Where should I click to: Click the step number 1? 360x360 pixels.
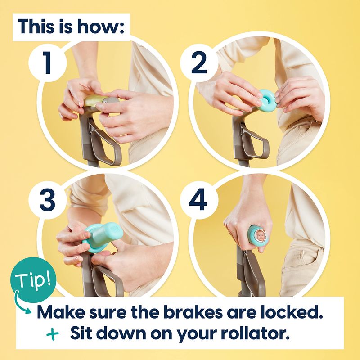(47, 63)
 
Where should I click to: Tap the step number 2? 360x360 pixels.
(199, 63)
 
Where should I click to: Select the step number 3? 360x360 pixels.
(47, 200)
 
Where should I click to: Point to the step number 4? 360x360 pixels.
(198, 199)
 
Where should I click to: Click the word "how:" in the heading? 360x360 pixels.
(100, 27)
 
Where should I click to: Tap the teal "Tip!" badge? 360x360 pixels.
(33, 280)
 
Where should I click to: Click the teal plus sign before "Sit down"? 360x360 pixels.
(53, 333)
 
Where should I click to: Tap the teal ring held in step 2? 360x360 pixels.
(268, 100)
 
